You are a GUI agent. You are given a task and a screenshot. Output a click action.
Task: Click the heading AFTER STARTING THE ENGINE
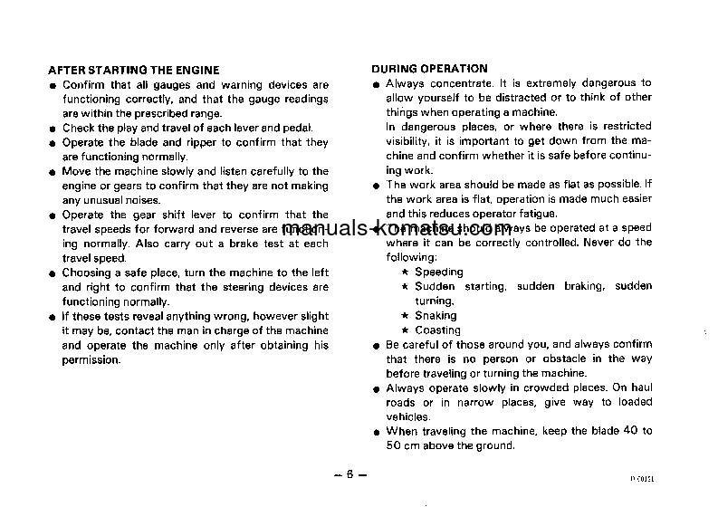[x=133, y=70]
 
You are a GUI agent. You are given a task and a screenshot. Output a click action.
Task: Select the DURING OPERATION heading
[x=429, y=68]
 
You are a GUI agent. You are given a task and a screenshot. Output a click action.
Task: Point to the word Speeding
[x=438, y=272]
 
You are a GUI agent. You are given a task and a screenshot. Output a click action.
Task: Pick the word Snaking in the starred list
[x=436, y=316]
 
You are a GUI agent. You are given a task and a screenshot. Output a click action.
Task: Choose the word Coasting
[x=437, y=330]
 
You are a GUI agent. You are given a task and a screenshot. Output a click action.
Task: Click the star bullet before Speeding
[x=406, y=273]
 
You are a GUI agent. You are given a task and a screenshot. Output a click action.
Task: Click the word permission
[x=91, y=360]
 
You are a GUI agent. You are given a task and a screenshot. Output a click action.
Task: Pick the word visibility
[x=406, y=141]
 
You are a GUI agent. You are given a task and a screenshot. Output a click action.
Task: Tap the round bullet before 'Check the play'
[x=53, y=129]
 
